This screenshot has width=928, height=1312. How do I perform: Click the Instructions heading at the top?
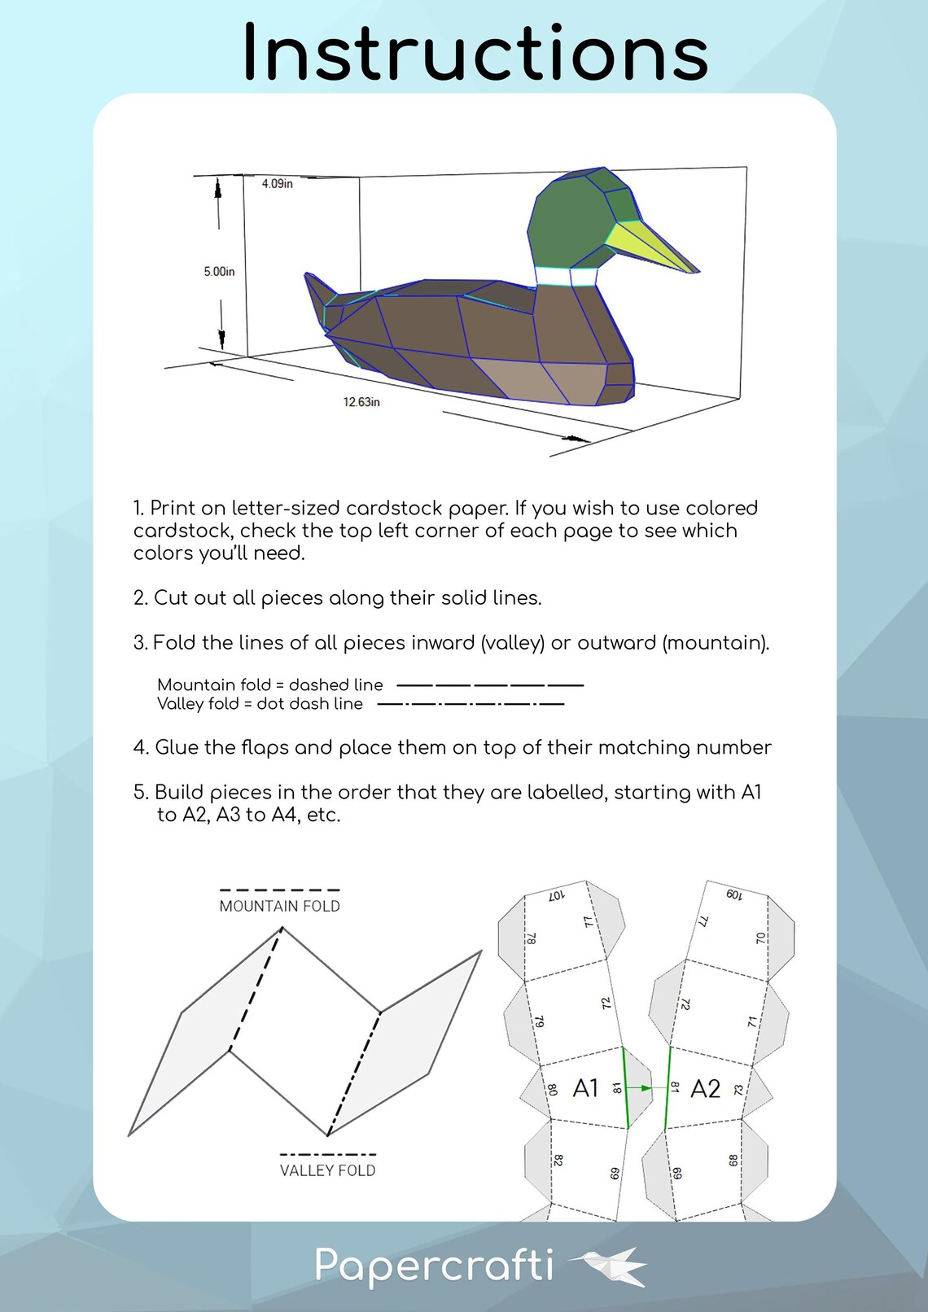(x=475, y=53)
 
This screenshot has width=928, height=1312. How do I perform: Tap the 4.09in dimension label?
(x=277, y=184)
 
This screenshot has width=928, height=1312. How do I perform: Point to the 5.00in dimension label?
(x=219, y=271)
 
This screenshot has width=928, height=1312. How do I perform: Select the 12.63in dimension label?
(x=361, y=402)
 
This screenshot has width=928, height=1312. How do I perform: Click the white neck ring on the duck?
(x=567, y=276)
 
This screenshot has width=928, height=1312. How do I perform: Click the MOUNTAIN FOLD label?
(x=279, y=906)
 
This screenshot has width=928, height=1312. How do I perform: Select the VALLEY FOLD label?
(x=327, y=1170)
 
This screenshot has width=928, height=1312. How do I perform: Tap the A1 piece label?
(x=585, y=1088)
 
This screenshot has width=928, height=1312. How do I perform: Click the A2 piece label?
(x=705, y=1089)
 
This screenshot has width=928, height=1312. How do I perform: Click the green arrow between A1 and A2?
(x=644, y=1088)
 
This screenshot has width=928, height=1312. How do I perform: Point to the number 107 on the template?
(x=557, y=895)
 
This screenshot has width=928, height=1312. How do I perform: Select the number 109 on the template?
(x=733, y=894)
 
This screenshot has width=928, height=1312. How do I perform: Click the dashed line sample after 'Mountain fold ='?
(x=490, y=685)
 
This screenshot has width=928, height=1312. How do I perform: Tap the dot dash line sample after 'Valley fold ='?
(x=471, y=704)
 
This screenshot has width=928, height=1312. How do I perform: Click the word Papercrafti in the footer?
(x=434, y=1266)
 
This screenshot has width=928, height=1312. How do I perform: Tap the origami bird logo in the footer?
(x=611, y=1266)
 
